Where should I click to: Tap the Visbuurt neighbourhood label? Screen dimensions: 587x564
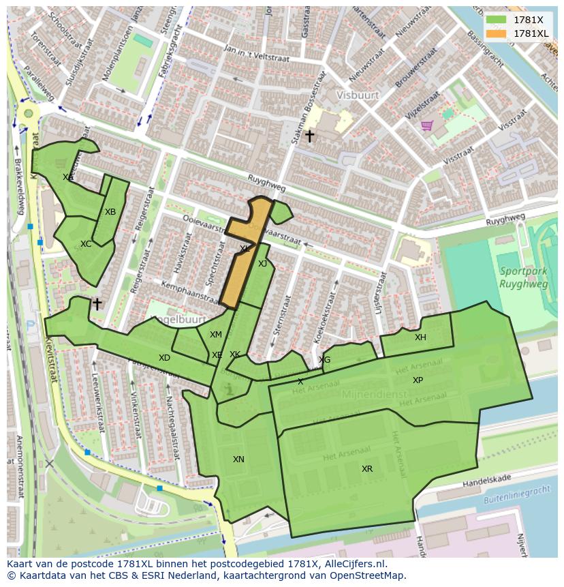[x=357, y=95]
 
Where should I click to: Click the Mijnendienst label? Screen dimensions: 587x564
[x=373, y=393]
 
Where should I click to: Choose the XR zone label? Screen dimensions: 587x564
[x=367, y=469]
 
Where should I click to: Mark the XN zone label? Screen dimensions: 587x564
[x=238, y=460]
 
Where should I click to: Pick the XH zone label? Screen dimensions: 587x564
[x=420, y=337]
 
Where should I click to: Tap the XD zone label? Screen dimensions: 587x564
[x=164, y=358]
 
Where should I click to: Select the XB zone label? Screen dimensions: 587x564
[x=110, y=212]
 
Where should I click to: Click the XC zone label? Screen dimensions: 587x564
[x=86, y=244]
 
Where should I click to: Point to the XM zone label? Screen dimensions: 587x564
[x=216, y=335]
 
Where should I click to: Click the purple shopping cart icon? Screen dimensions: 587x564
[x=427, y=125]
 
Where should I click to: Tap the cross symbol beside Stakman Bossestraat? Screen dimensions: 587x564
[x=309, y=136]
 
